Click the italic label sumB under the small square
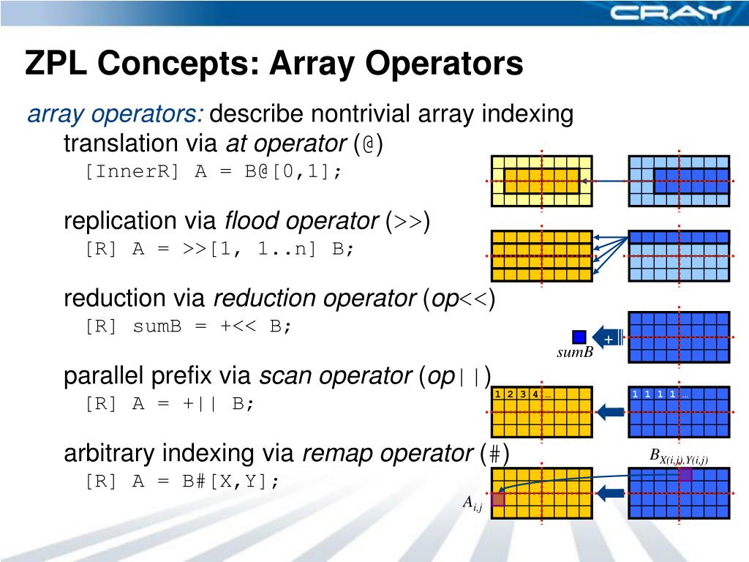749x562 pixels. [574, 355]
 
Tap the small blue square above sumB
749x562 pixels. [579, 337]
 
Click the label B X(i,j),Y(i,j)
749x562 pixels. [680, 457]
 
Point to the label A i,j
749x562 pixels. [472, 503]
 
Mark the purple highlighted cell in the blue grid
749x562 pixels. [685, 475]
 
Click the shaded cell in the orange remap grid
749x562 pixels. [499, 499]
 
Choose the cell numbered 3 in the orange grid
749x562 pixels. [523, 395]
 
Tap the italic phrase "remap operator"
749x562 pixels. [387, 454]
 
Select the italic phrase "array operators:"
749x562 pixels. [116, 115]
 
